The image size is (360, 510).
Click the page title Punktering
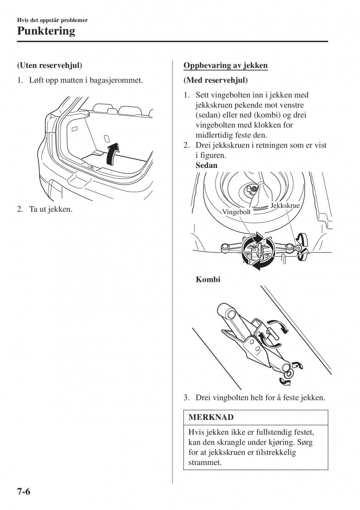click(x=46, y=31)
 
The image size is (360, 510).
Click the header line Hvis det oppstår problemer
click(x=53, y=20)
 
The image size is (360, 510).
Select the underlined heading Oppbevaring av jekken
click(x=225, y=65)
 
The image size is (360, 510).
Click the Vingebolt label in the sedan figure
click(x=236, y=211)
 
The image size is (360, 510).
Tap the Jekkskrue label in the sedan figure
click(x=285, y=205)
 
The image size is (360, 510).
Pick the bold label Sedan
click(x=207, y=165)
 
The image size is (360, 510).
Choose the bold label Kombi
click(x=208, y=280)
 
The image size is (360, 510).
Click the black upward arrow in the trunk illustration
click(x=113, y=153)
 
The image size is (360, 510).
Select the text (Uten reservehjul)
click(x=49, y=65)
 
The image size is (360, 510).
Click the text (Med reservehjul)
click(x=215, y=80)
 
